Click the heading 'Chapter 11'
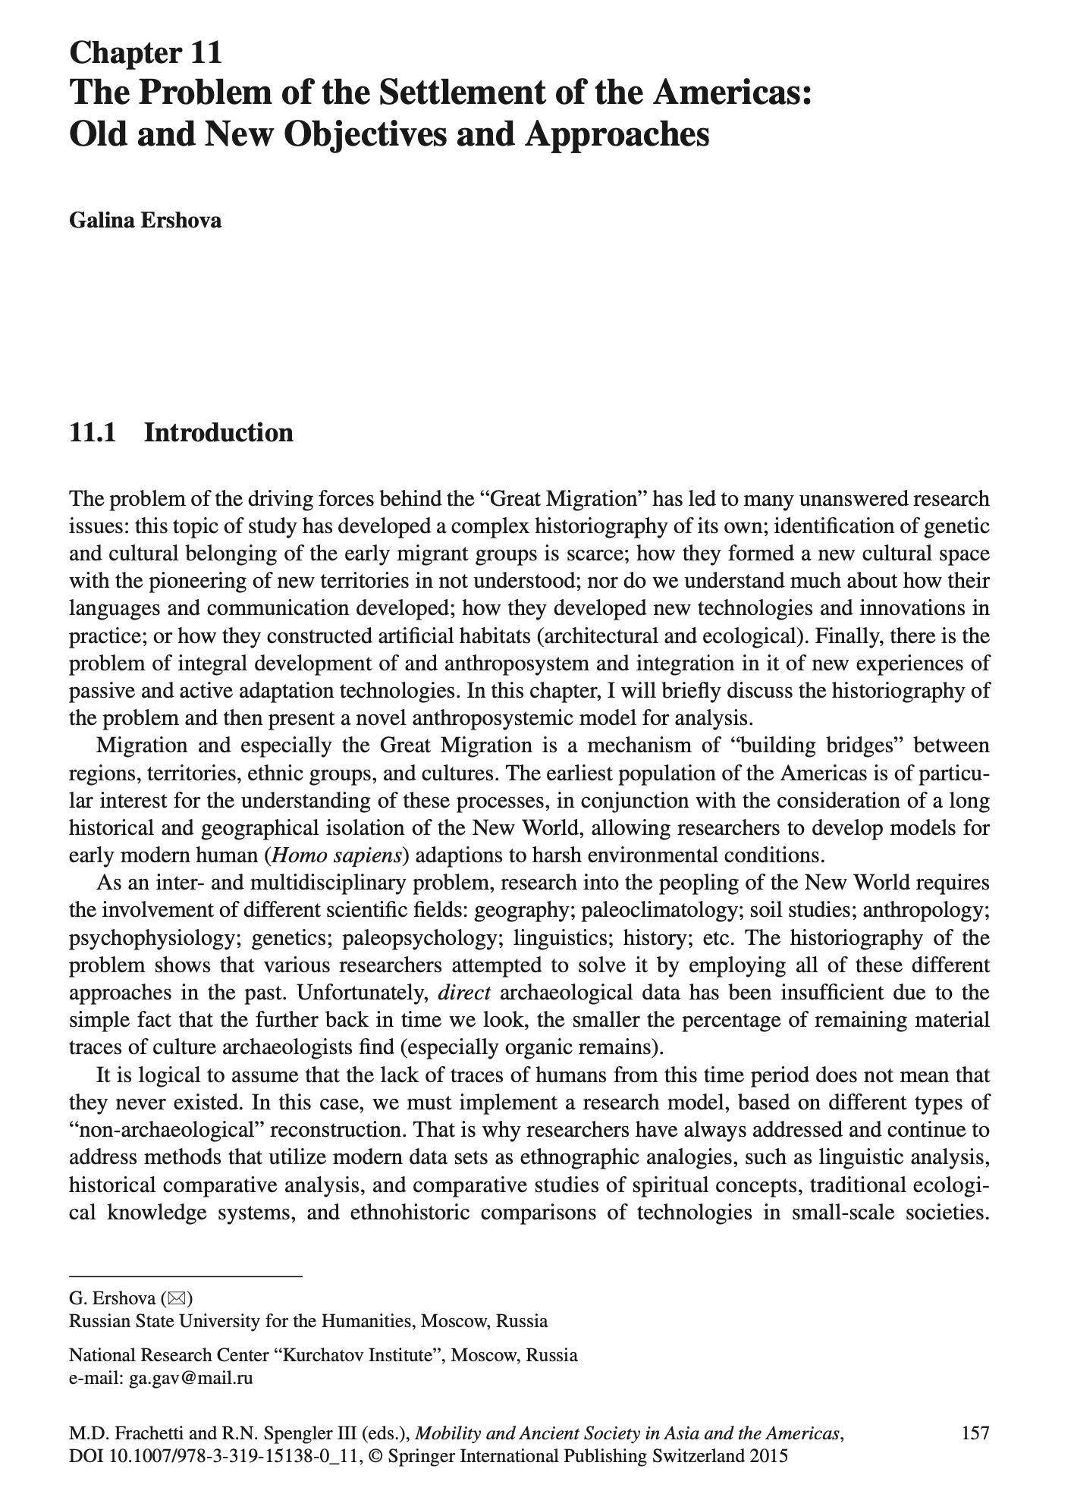146,53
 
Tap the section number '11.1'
94,432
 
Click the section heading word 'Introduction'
218,432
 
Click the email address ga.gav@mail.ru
190,1378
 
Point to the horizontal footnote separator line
185,1276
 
